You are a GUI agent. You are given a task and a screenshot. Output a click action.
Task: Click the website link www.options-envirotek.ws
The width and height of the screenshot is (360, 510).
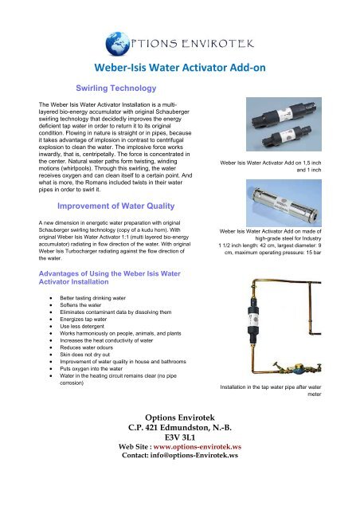click(205, 469)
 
